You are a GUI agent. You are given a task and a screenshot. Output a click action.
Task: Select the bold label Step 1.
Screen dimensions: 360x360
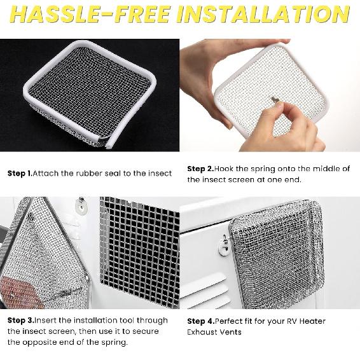coord(20,173)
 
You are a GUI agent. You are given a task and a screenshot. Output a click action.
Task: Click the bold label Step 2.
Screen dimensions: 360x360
coord(200,169)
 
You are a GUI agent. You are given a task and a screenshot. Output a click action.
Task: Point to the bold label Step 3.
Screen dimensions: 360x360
coord(20,321)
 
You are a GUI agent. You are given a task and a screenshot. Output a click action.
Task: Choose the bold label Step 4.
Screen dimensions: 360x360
coord(201,321)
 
